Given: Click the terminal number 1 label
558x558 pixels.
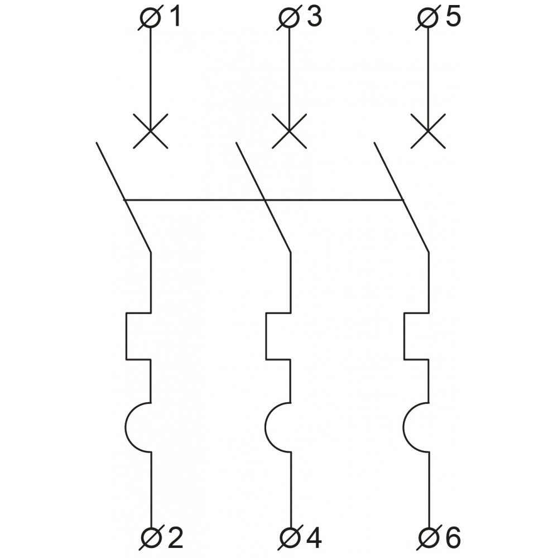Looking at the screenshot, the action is (x=175, y=17).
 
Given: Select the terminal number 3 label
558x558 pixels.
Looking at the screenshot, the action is (x=315, y=17).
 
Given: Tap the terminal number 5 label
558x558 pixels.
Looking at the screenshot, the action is (x=453, y=17).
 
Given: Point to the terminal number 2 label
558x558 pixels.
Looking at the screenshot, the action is (x=175, y=538).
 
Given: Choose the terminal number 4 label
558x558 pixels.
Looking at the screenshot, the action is (x=314, y=538).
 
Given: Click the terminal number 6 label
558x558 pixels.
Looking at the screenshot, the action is (x=453, y=538).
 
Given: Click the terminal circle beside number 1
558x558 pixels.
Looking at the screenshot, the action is (x=150, y=17).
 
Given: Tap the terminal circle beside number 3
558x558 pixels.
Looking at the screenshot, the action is (x=289, y=17).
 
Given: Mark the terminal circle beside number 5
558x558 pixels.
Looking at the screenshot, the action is (x=428, y=17).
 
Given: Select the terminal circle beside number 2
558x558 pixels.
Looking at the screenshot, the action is (x=151, y=538).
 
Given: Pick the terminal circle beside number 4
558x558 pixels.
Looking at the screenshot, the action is (x=290, y=538).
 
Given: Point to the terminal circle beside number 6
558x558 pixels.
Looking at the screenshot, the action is (x=429, y=538).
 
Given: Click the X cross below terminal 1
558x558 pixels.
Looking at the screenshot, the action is (x=150, y=131).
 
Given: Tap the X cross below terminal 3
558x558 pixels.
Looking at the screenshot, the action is (x=289, y=131).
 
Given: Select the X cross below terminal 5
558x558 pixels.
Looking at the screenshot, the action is (x=428, y=131).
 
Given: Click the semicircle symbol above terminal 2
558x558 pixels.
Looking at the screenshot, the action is (x=126, y=427).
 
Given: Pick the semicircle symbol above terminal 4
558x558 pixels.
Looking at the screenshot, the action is (x=266, y=427).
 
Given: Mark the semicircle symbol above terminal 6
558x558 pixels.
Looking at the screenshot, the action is (x=404, y=427).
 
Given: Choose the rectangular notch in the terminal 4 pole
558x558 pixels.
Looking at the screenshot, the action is (x=266, y=336).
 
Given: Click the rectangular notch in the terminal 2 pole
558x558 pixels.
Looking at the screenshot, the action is (x=126, y=336).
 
